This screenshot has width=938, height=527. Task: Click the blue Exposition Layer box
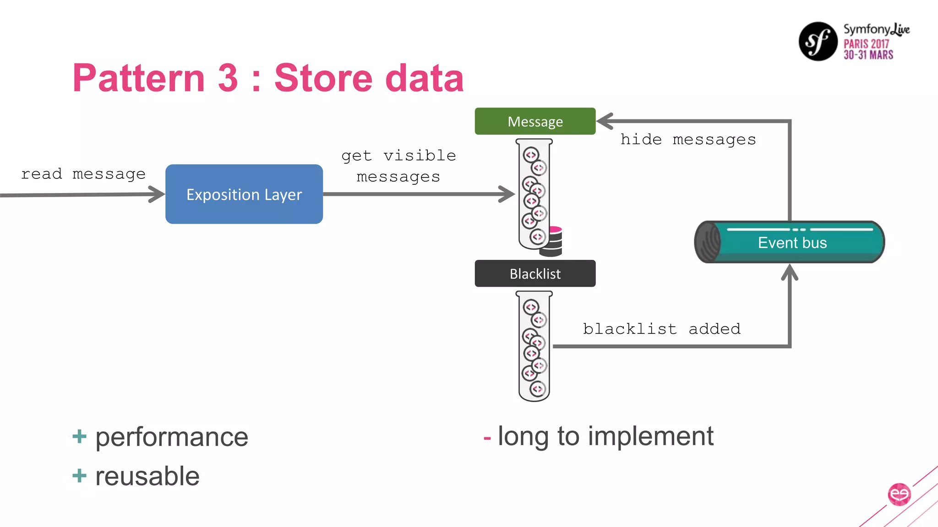(x=244, y=194)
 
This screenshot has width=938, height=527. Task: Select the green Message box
(x=535, y=121)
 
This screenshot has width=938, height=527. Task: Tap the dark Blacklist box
(x=535, y=274)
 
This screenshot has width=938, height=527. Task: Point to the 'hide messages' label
(x=688, y=139)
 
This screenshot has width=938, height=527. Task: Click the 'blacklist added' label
(x=661, y=328)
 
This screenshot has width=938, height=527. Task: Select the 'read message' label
(x=83, y=174)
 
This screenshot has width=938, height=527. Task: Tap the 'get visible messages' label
(x=398, y=166)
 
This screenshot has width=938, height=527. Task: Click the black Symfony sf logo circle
(x=818, y=41)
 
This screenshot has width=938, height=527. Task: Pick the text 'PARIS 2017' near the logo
(x=866, y=44)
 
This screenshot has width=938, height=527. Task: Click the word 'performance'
(x=172, y=437)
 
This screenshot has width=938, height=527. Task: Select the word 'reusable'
(x=147, y=476)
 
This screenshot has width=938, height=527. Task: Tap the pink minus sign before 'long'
(x=487, y=438)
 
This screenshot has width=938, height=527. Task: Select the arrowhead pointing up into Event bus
(x=790, y=272)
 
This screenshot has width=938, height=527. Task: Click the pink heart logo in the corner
(x=899, y=495)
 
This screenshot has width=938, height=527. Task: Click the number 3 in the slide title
(x=228, y=78)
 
